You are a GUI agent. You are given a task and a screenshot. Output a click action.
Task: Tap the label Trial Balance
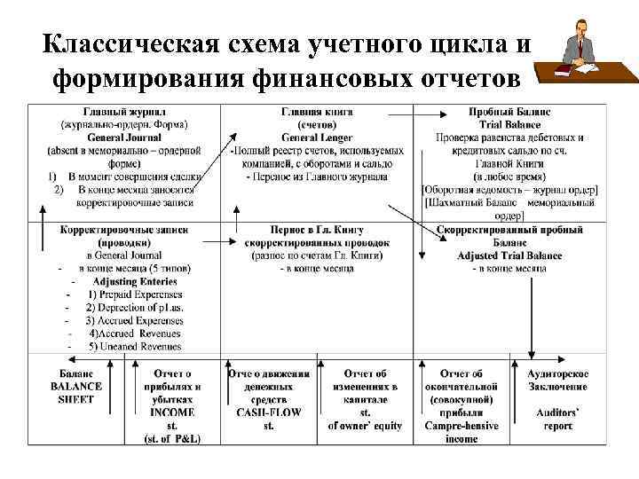click(509, 125)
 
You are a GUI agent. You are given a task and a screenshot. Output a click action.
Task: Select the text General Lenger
click(317, 137)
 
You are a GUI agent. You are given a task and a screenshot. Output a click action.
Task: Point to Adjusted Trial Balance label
click(509, 255)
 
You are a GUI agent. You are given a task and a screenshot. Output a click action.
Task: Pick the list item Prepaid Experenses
click(134, 294)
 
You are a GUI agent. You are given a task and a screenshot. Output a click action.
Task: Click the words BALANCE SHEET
click(75, 393)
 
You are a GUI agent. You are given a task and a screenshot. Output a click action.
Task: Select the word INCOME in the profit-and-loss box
click(172, 412)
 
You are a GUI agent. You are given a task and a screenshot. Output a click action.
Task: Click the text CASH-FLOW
click(269, 412)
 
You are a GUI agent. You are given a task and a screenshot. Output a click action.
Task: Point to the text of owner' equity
click(365, 426)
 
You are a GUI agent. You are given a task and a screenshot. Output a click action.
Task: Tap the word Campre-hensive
click(461, 426)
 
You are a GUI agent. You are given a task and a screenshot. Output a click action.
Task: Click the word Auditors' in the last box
click(557, 412)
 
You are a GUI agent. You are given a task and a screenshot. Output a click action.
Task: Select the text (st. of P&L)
click(172, 439)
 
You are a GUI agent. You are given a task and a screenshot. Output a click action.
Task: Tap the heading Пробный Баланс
click(509, 113)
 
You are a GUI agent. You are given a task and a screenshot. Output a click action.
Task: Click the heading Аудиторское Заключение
click(557, 380)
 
